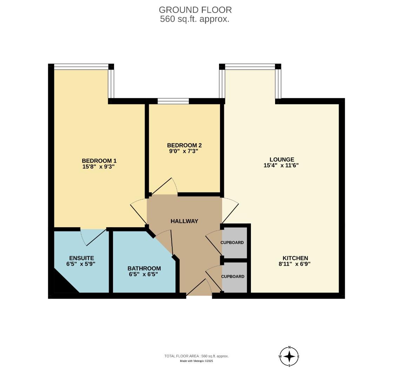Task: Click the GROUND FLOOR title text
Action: click(195, 10)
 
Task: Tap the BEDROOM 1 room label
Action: click(99, 161)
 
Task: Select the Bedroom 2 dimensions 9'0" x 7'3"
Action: click(184, 151)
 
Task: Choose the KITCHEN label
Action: click(295, 258)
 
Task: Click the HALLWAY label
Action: click(184, 221)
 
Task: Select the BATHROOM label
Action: click(144, 268)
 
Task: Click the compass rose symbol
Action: click(289, 357)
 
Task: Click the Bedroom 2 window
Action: click(173, 101)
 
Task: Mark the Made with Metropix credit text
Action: click(196, 361)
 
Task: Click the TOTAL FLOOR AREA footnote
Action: click(196, 356)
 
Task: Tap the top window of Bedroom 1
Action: click(81, 66)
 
